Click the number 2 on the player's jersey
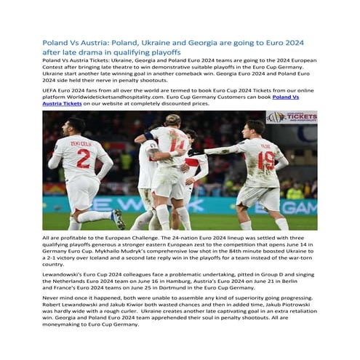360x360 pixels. click(x=84, y=159)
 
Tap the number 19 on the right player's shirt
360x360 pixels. click(x=267, y=159)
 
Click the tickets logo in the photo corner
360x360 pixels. click(x=291, y=117)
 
